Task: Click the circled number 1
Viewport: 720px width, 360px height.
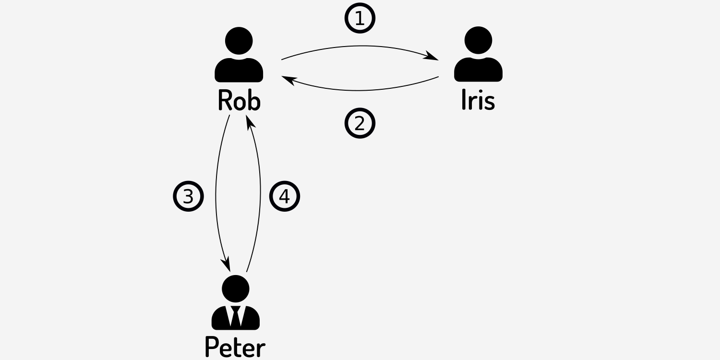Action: [360, 18]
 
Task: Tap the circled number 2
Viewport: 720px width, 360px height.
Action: [360, 123]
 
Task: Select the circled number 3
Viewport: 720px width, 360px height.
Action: [188, 196]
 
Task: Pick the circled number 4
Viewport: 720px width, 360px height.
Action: [285, 196]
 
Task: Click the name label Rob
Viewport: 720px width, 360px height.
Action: [239, 100]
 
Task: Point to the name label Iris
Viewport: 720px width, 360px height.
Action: [478, 100]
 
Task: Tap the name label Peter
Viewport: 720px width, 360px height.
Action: [235, 347]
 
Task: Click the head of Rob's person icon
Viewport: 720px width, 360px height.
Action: [239, 40]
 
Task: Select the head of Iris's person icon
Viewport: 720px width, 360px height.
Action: [478, 40]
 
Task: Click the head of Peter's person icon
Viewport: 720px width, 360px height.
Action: [236, 289]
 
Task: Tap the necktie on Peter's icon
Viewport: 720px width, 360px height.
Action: [236, 316]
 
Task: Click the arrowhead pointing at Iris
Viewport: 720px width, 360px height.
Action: [432, 58]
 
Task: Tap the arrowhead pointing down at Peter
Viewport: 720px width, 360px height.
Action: [226, 265]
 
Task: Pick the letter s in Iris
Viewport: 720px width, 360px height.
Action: [489, 102]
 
